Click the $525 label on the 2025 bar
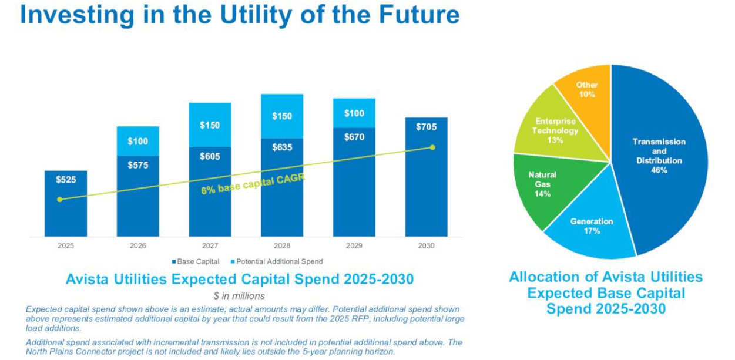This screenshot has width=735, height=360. [65, 180]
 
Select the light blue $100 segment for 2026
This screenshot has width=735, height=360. [137, 141]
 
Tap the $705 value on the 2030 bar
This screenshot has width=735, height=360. [426, 127]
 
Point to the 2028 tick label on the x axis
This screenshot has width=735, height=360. [282, 246]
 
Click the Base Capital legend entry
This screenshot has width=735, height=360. [196, 261]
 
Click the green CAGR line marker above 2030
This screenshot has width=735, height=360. [432, 147]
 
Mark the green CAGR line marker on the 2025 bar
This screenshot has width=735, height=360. [59, 200]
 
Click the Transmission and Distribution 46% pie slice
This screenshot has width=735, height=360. [659, 156]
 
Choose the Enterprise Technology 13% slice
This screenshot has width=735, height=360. [555, 131]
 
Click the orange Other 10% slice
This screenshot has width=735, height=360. [586, 89]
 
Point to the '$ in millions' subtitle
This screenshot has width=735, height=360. [239, 296]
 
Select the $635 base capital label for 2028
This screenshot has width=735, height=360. [282, 147]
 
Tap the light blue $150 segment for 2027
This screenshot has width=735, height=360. [210, 125]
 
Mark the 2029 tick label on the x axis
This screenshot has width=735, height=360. [354, 246]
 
